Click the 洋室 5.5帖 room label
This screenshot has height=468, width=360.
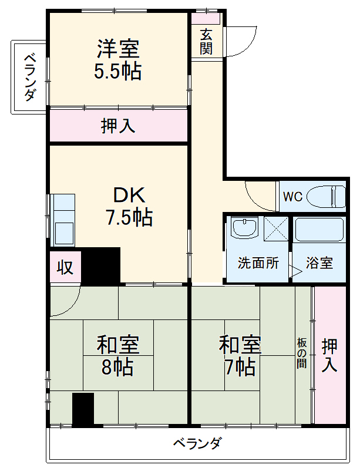pyautogui.click(x=118, y=59)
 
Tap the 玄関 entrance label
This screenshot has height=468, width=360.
pyautogui.click(x=206, y=42)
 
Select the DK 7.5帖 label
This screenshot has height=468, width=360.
pyautogui.click(x=129, y=206)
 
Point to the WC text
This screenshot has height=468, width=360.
pyautogui.click(x=292, y=196)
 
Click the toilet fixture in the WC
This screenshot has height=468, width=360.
pyautogui.click(x=327, y=196)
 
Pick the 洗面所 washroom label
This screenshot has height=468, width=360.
pyautogui.click(x=258, y=262)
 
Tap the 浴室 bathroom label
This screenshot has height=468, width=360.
pyautogui.click(x=319, y=262)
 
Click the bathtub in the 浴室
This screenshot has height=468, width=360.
pyautogui.click(x=319, y=230)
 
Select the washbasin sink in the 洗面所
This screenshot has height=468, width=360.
pyautogui.click(x=244, y=227)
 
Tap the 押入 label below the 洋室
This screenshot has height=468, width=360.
pyautogui.click(x=118, y=126)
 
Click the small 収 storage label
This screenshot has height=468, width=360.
pyautogui.click(x=65, y=267)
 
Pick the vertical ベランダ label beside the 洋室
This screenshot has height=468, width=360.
pyautogui.click(x=29, y=78)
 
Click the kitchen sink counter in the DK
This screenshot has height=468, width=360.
pyautogui.click(x=63, y=220)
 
